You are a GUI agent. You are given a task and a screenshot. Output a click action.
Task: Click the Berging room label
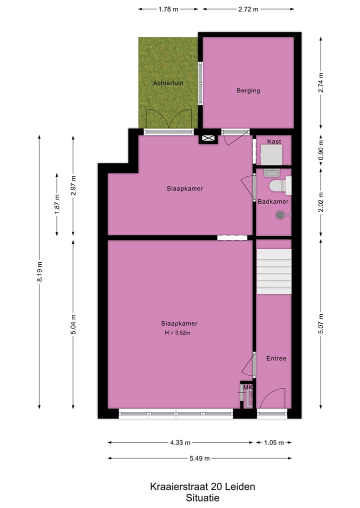coord(248,90)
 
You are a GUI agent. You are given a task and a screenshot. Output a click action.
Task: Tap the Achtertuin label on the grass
coord(168,83)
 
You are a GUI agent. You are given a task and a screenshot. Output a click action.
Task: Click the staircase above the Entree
coord(273,272)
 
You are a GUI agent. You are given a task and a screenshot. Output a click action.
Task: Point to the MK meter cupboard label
coord(247,388)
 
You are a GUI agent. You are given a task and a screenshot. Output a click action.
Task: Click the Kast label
coord(273,142)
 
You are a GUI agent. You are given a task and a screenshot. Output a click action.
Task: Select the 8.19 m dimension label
coord(39,272)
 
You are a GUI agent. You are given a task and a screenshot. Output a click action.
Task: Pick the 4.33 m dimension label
coord(180,442)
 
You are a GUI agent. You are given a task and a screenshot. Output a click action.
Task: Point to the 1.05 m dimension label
coord(273,442)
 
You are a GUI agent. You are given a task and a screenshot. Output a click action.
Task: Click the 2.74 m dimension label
coord(321,83)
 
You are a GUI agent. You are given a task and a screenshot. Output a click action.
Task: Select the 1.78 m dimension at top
coord(168,9)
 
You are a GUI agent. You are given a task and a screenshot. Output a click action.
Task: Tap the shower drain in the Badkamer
coord(280,215)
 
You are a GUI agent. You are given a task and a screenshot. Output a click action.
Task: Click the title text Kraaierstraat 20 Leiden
coord(202,487)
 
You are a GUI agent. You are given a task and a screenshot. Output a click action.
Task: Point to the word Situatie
coord(202,498)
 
